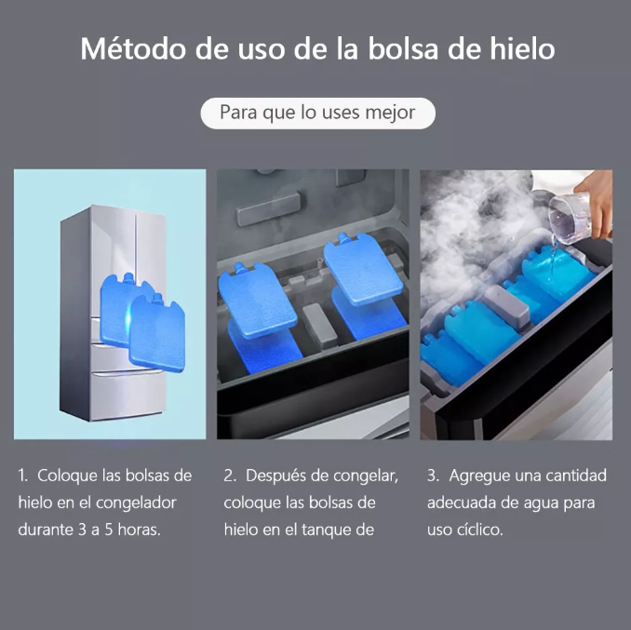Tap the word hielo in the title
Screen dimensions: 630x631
click(x=515, y=48)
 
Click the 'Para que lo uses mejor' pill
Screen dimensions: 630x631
click(x=316, y=113)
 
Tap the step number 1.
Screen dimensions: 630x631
click(x=22, y=476)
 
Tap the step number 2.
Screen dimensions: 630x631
click(x=229, y=476)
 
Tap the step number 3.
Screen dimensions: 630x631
click(x=432, y=476)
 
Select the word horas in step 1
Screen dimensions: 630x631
click(x=138, y=529)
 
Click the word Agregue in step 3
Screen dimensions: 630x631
click(x=480, y=476)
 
